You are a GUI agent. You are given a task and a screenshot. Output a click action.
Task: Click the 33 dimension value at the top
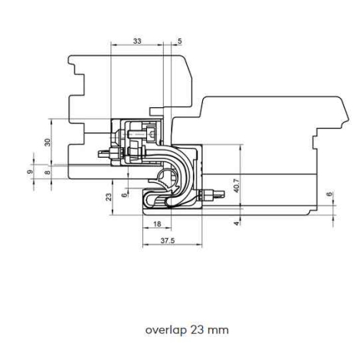(x=137, y=41)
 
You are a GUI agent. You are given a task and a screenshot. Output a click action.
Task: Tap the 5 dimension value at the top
(x=180, y=41)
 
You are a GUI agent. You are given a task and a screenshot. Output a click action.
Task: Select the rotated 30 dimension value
(x=47, y=142)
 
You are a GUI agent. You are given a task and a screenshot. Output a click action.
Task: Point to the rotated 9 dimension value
(x=30, y=172)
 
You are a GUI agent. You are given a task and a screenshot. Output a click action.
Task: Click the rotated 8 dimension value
(x=47, y=172)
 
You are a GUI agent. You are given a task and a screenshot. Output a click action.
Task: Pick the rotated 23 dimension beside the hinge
(x=109, y=197)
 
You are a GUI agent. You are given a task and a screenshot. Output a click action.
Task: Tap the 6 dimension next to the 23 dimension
(x=124, y=195)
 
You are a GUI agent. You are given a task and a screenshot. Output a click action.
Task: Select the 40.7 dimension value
(x=237, y=185)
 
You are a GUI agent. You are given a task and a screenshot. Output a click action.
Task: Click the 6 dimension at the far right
(x=330, y=194)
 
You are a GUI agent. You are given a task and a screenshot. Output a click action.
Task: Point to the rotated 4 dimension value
(x=237, y=224)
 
